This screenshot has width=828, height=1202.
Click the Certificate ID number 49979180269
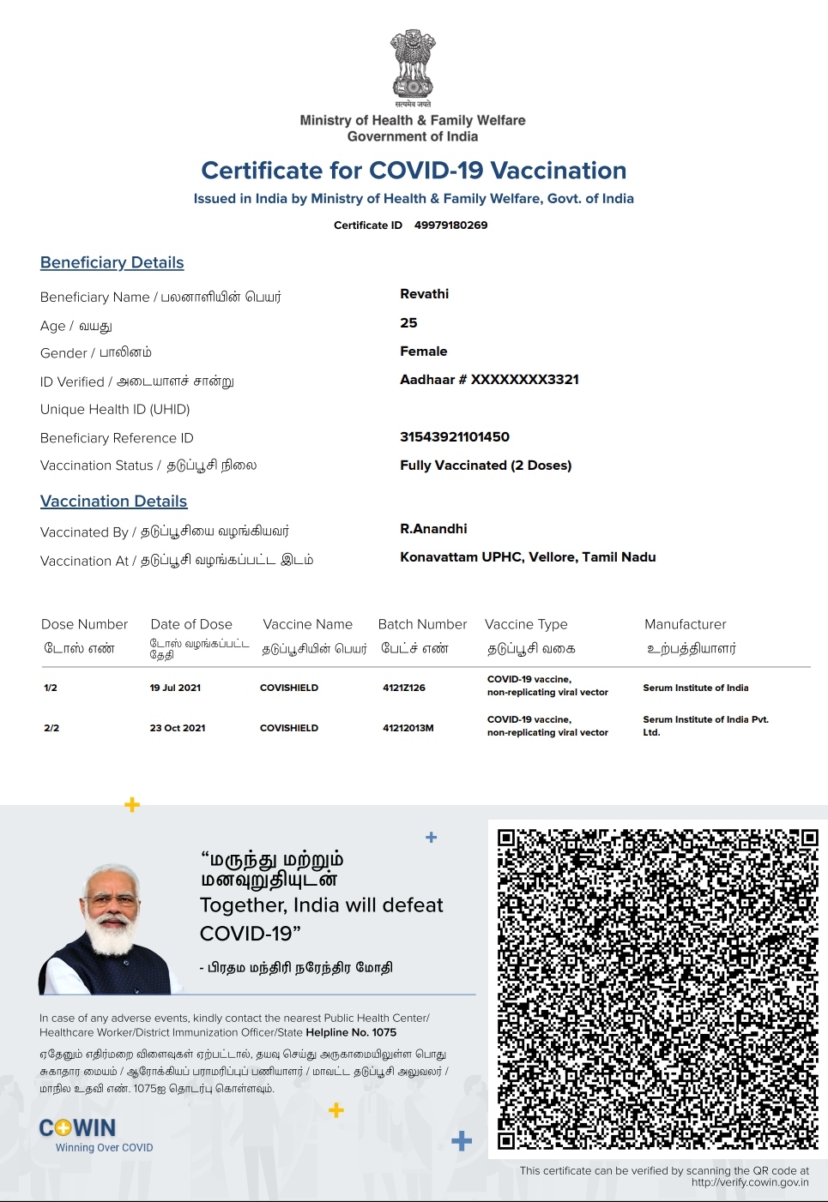tap(450, 225)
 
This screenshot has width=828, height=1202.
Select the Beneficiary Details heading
tap(112, 262)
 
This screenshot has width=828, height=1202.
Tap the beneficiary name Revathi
tap(424, 294)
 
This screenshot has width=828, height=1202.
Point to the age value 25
tap(408, 323)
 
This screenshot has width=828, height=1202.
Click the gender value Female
tap(423, 352)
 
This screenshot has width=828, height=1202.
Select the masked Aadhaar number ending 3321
tap(489, 380)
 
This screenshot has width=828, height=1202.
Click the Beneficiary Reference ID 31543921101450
tap(455, 437)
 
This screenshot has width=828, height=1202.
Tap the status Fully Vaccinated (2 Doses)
tap(486, 466)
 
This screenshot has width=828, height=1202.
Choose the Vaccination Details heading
tap(113, 502)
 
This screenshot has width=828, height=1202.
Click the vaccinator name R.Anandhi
tap(433, 529)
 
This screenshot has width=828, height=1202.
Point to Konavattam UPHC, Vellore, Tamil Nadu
tap(528, 557)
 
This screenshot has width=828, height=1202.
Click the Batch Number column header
tap(422, 624)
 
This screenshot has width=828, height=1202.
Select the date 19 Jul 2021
tap(175, 688)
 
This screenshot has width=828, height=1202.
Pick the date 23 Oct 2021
tap(178, 728)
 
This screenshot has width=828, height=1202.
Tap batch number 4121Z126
tap(404, 688)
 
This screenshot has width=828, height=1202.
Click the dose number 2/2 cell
tap(51, 728)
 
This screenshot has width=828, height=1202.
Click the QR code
tap(657, 988)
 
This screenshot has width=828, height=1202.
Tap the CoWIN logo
tap(78, 1128)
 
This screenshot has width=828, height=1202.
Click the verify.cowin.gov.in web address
tap(750, 1182)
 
